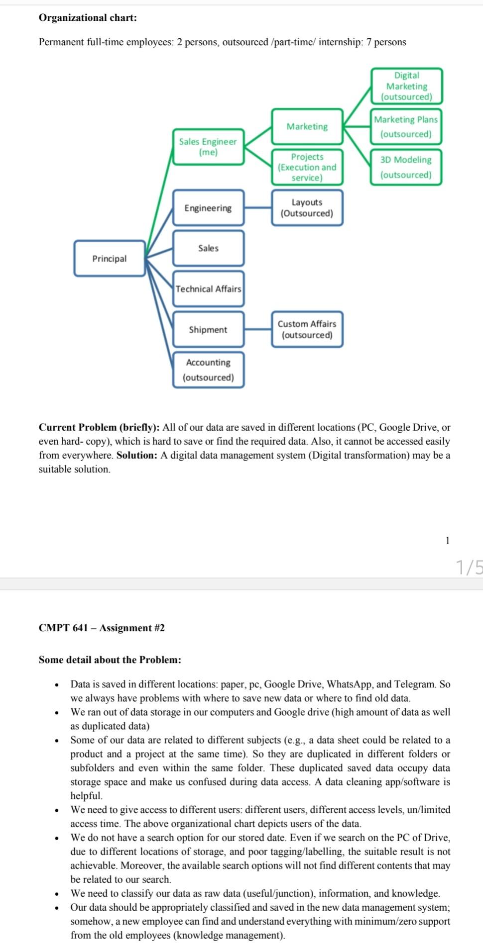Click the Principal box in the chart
click(x=110, y=259)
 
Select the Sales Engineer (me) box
click(x=208, y=147)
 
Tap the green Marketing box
click(x=307, y=127)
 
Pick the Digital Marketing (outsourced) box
click(x=406, y=86)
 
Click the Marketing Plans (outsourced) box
click(x=406, y=127)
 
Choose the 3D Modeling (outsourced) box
click(x=406, y=167)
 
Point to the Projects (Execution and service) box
click(x=307, y=167)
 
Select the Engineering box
click(x=208, y=208)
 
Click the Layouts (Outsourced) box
click(x=307, y=208)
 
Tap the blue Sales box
click(x=208, y=248)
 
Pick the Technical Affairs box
click(x=208, y=289)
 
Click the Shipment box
click(x=208, y=330)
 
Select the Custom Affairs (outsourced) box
click(x=307, y=329)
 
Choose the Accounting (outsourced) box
click(x=208, y=370)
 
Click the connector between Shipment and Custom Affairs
click(x=258, y=329)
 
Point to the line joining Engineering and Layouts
click(x=258, y=208)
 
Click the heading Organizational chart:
click(x=88, y=18)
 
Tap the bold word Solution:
click(x=137, y=455)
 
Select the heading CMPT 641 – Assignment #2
click(x=102, y=628)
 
